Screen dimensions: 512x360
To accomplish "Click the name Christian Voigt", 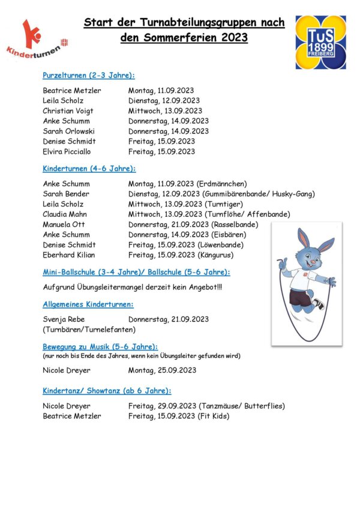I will (x=68, y=110).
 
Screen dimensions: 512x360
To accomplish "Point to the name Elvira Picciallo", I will (x=69, y=151).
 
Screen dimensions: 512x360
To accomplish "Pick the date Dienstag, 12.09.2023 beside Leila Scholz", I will (x=164, y=100).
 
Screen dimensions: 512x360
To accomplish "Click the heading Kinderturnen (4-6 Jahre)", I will (x=89, y=169).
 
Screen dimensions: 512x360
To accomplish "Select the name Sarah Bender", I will (x=66, y=194).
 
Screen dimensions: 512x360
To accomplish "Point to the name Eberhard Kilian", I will (x=70, y=255).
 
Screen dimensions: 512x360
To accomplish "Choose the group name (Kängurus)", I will (x=216, y=255).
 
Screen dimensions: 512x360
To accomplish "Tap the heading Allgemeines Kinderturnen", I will (x=88, y=304).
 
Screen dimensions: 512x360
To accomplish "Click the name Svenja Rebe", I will (x=64, y=319).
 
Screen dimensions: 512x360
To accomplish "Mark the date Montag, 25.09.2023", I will (x=162, y=370).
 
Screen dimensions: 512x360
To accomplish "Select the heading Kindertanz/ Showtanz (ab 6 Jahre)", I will (x=107, y=391).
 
